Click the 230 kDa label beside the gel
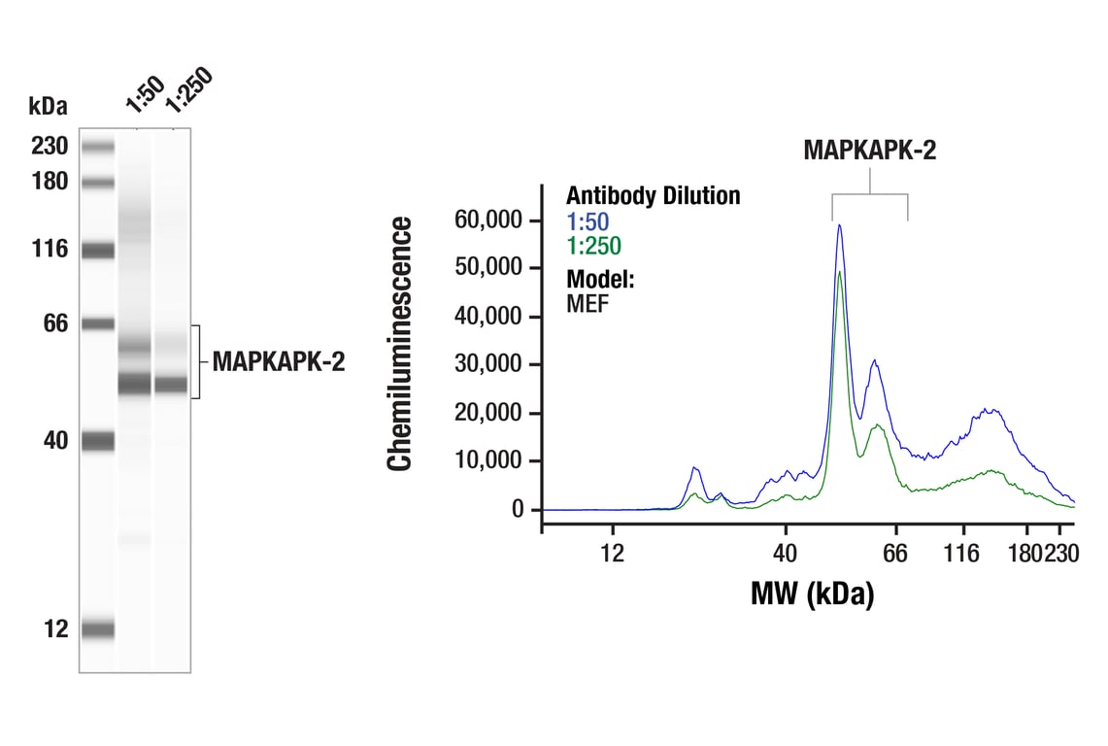(x=49, y=147)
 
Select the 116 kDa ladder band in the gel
(x=98, y=251)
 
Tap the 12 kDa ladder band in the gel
(x=98, y=629)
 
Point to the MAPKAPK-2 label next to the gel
(x=279, y=362)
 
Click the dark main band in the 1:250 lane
(x=171, y=385)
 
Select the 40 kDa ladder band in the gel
(x=98, y=441)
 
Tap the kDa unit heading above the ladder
(x=49, y=104)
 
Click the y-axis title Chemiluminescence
(x=399, y=344)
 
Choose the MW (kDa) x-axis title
(x=812, y=593)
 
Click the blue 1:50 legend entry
(x=588, y=221)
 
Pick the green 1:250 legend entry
(x=593, y=246)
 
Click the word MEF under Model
(x=588, y=304)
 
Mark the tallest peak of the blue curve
(x=839, y=225)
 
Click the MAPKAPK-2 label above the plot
(x=869, y=150)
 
